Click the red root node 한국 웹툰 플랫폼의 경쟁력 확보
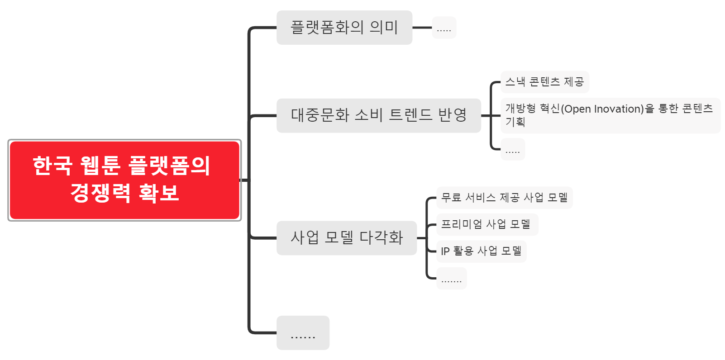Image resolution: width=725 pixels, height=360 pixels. click(x=124, y=180)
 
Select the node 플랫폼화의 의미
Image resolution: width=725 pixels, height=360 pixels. click(x=344, y=28)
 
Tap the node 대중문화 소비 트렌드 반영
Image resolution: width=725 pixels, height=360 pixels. click(x=378, y=115)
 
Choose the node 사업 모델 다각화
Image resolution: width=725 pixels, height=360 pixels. click(x=346, y=238)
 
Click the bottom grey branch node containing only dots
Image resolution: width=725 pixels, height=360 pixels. click(x=303, y=333)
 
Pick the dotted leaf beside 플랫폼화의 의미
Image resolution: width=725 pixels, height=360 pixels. click(x=444, y=28)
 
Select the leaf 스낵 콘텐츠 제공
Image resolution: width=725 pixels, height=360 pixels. click(x=544, y=82)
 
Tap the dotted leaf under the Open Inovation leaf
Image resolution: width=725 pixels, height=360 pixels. click(x=512, y=150)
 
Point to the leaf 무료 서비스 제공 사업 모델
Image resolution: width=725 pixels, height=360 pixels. click(x=504, y=198)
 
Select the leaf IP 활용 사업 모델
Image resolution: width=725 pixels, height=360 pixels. click(x=481, y=251)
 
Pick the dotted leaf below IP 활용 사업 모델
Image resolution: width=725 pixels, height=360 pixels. click(x=451, y=279)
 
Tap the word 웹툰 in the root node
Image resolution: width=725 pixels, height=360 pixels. click(x=100, y=166)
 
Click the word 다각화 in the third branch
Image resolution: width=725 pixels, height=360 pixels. click(x=381, y=238)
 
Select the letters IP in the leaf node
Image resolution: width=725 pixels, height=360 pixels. click(x=445, y=251)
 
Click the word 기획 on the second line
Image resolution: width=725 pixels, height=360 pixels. click(x=515, y=122)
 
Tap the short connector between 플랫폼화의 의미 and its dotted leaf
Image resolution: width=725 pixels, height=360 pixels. click(x=422, y=28)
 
